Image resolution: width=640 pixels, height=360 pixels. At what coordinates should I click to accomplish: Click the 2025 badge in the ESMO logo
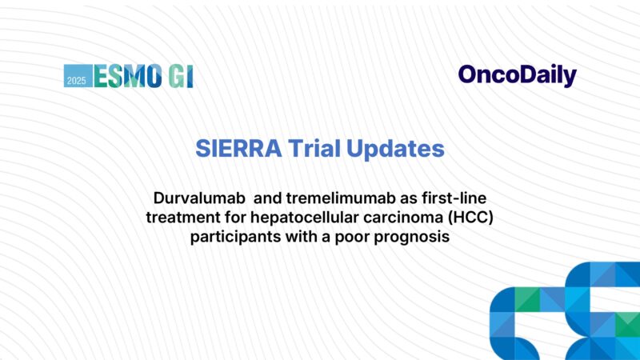click(x=78, y=76)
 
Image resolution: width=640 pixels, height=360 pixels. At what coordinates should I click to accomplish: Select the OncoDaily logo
click(x=517, y=75)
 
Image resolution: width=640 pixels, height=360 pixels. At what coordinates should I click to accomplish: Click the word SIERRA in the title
click(x=233, y=149)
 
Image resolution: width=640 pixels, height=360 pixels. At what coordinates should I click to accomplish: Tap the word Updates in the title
click(x=399, y=149)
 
